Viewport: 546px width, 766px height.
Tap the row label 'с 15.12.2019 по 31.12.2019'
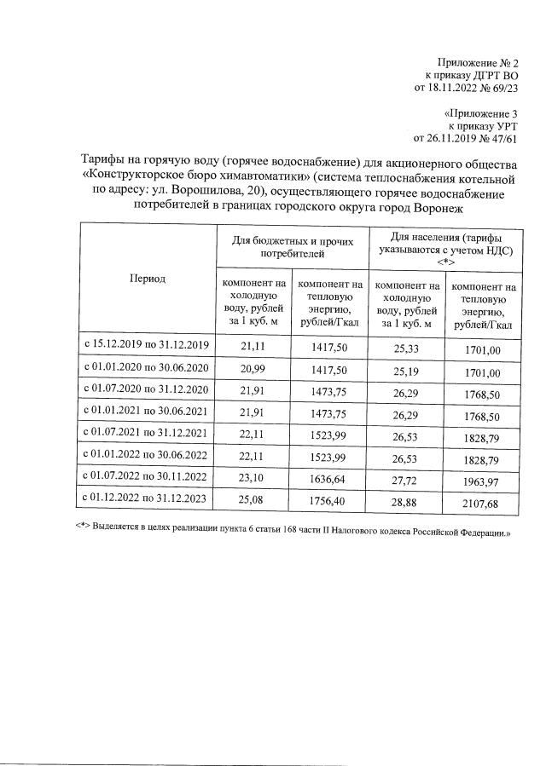click(148, 345)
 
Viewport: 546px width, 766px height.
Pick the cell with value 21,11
click(253, 345)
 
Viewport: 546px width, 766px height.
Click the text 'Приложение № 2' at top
click(478, 62)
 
